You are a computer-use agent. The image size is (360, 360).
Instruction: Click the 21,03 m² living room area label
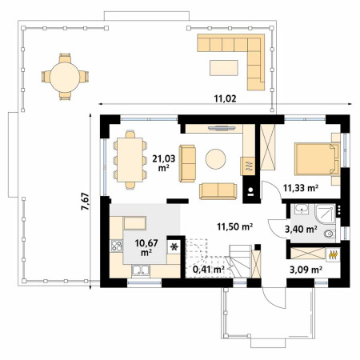click(x=164, y=163)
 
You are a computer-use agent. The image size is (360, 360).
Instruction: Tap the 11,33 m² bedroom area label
click(x=301, y=188)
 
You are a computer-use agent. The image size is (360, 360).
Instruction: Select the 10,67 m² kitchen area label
click(x=146, y=247)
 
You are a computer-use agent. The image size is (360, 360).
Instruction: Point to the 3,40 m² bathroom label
click(x=301, y=229)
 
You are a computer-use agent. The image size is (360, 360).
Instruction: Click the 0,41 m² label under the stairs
click(x=208, y=270)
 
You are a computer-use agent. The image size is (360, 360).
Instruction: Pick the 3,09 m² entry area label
click(x=306, y=270)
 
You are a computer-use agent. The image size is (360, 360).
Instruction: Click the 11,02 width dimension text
click(x=225, y=98)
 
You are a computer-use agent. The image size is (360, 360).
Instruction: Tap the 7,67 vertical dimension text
click(x=86, y=202)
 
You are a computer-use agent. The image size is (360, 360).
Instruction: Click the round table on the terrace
click(x=65, y=77)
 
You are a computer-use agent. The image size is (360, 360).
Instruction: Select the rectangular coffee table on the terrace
click(x=224, y=68)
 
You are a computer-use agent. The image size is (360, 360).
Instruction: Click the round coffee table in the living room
click(x=215, y=159)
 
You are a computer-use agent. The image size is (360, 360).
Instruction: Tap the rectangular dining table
click(x=130, y=160)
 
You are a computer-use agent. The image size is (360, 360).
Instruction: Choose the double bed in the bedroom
click(x=317, y=159)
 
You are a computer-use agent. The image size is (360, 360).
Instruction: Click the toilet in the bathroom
click(x=330, y=234)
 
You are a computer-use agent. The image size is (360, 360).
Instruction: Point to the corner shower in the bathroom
click(x=325, y=214)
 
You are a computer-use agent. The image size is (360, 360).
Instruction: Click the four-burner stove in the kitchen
click(x=116, y=246)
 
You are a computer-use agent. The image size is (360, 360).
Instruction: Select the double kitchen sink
click(x=141, y=270)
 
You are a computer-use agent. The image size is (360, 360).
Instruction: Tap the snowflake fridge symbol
click(x=174, y=247)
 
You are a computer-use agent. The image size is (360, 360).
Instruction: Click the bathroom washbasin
click(x=302, y=209)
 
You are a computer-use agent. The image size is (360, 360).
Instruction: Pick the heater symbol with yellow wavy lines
click(x=333, y=255)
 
